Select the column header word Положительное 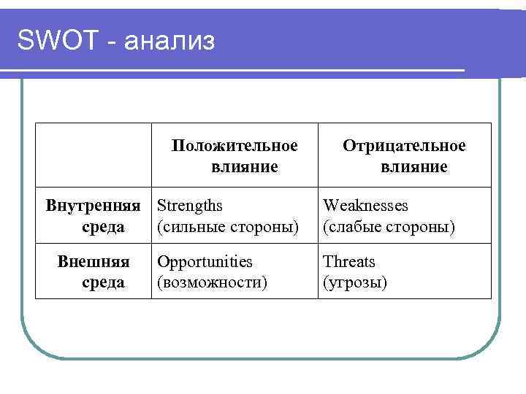click(235, 146)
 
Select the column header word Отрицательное click(404, 146)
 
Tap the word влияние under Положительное click(244, 167)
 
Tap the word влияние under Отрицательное click(413, 167)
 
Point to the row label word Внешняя click(94, 261)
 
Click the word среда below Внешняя click(103, 282)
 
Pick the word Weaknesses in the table click(365, 206)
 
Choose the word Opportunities click(205, 261)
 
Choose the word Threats click(348, 261)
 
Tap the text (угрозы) click(355, 282)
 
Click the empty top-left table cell click(94, 155)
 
